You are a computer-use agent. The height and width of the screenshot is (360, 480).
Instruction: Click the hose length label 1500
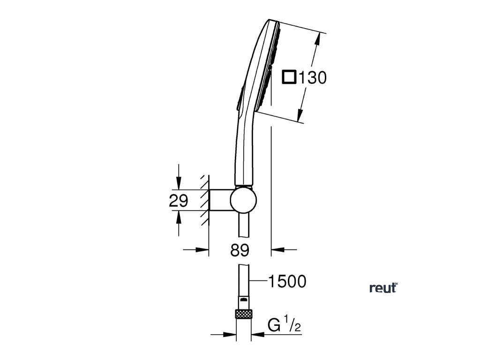286,281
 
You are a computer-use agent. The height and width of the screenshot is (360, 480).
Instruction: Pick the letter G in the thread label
274,324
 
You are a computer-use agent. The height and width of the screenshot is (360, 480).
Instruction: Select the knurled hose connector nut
243,314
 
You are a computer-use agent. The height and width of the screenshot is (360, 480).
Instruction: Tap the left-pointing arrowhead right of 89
277,250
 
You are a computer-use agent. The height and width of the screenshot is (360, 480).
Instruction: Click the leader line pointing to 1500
257,281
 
